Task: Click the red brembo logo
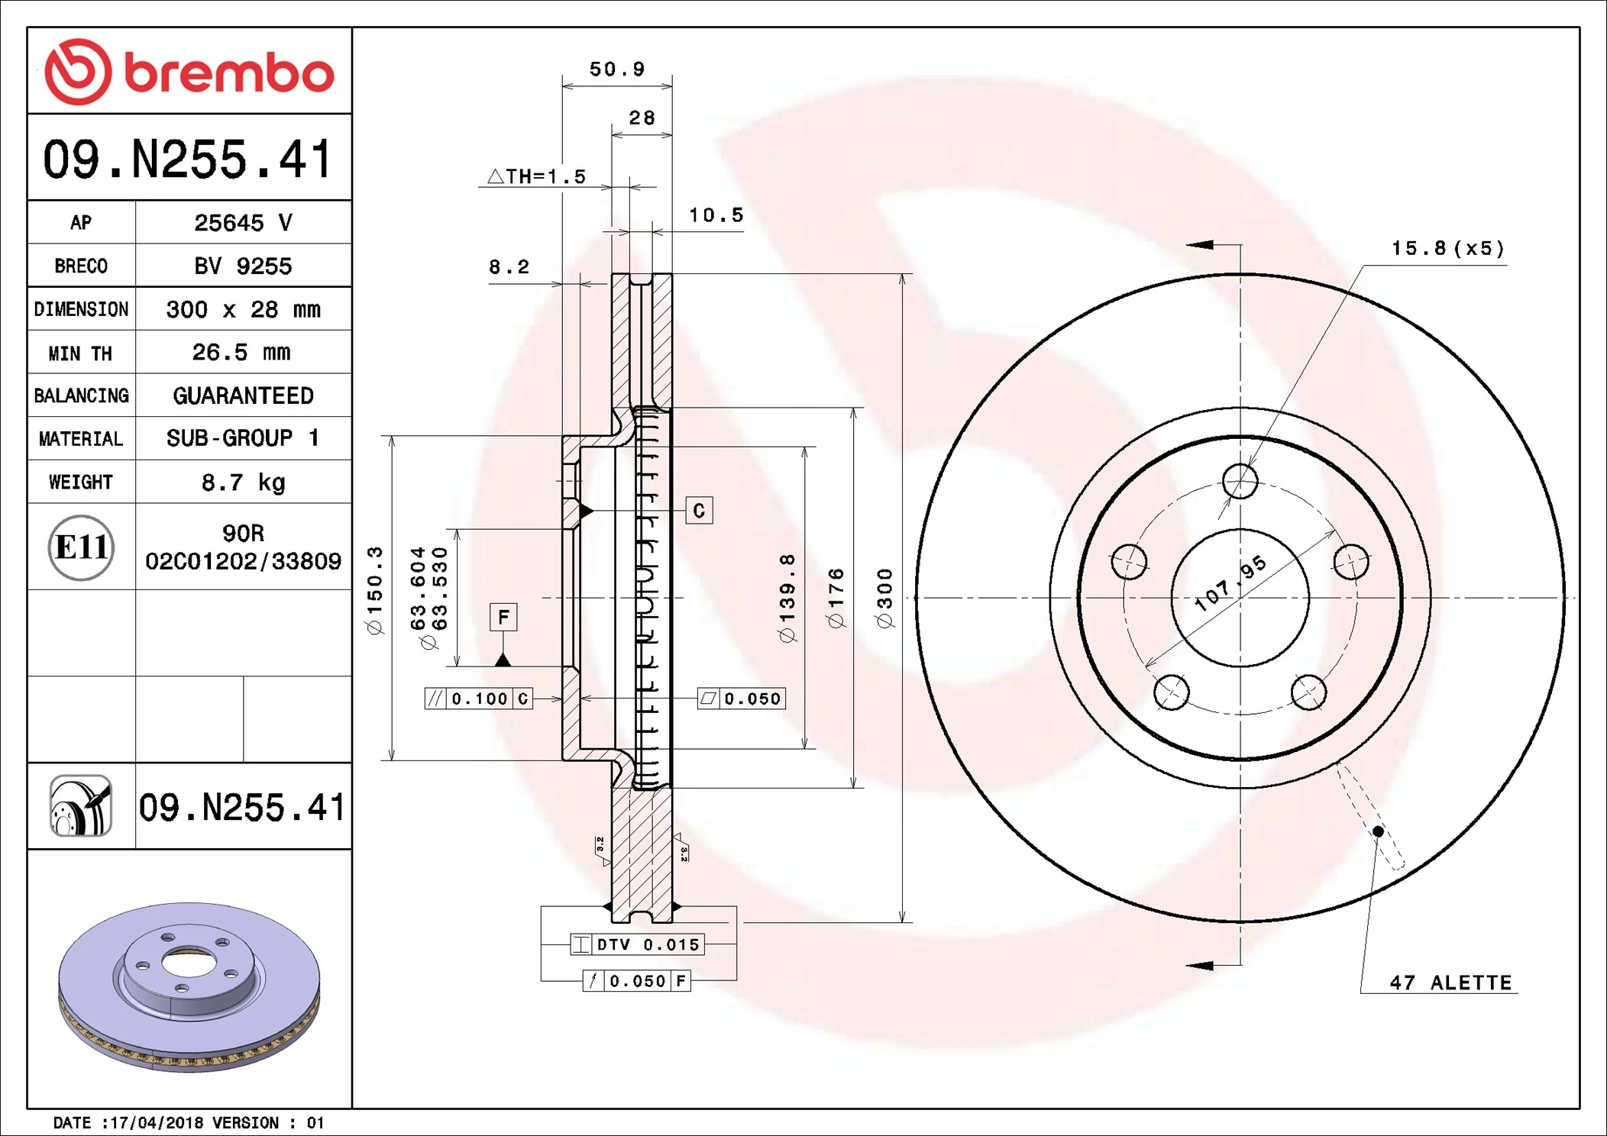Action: [x=189, y=73]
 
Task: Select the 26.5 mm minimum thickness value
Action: [x=241, y=352]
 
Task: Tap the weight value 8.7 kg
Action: [x=243, y=482]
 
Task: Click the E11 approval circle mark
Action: [x=81, y=547]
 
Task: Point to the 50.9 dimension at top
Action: [x=617, y=69]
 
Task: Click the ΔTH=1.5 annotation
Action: [x=537, y=176]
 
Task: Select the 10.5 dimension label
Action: [x=716, y=215]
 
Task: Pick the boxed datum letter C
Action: [x=699, y=511]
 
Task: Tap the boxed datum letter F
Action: [x=503, y=617]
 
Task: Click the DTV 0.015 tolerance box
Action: [x=638, y=944]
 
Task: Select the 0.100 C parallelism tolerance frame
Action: [x=479, y=699]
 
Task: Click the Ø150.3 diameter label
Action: [x=374, y=590]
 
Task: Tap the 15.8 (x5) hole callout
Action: [x=1447, y=248]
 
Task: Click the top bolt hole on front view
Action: [x=1240, y=481]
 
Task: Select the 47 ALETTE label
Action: [x=1450, y=983]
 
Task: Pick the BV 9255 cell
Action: [x=243, y=266]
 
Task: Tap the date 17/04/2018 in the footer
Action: [x=156, y=1123]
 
